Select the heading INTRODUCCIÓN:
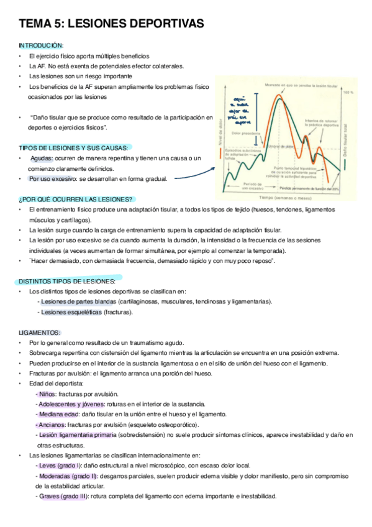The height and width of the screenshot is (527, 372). pos(41,45)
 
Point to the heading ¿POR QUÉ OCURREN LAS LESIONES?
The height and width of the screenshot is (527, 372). pos(76,199)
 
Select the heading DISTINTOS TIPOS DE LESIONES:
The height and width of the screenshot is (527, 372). pos(67,281)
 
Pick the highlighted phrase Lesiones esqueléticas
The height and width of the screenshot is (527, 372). pos(70,312)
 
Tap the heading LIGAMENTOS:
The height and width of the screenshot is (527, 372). pos(40,332)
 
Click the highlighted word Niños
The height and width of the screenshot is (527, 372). pos(47,394)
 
